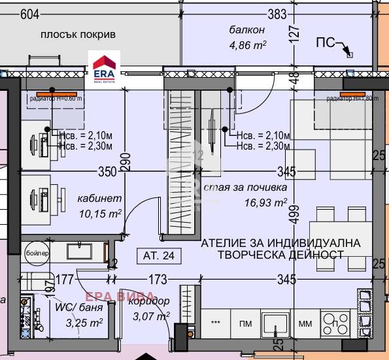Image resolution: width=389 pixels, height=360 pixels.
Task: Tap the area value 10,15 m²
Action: (97, 214)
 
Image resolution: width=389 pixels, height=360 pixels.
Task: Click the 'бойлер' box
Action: (36, 252)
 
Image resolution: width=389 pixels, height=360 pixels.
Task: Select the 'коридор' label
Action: (152, 301)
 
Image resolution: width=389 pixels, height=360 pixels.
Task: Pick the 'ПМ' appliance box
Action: (246, 323)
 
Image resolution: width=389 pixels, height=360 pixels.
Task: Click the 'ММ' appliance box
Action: (305, 323)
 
